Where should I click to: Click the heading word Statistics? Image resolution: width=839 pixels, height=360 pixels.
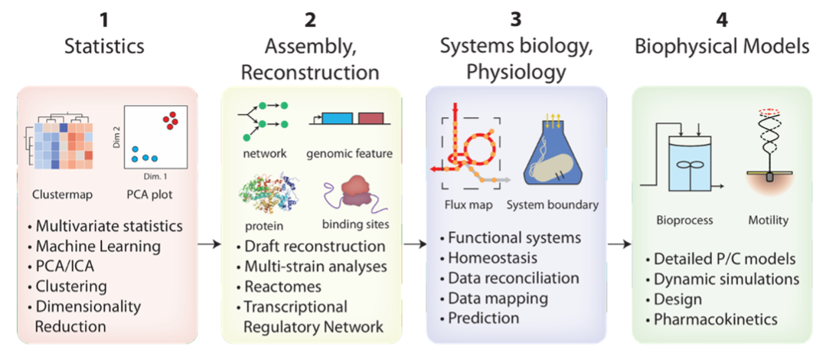coord(104,46)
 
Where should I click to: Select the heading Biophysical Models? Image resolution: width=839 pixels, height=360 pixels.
coord(721,47)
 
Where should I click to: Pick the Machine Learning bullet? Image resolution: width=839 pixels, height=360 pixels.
coord(97,247)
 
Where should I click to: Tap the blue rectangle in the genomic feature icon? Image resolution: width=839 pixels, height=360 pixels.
coord(338,119)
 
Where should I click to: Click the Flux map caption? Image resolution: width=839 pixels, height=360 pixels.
coord(468,205)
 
